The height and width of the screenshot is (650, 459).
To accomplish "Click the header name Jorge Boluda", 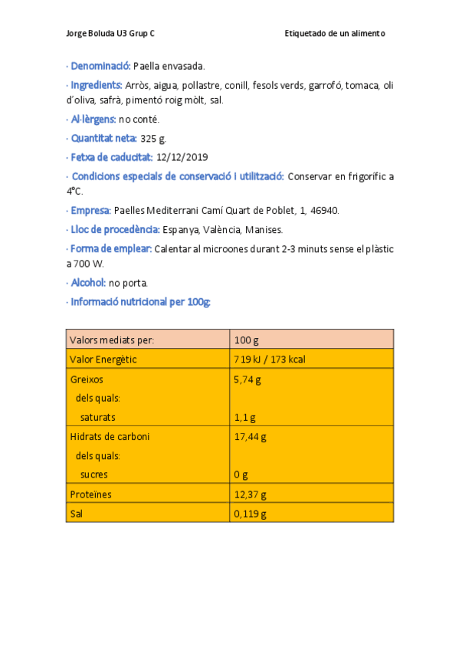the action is coord(90,34).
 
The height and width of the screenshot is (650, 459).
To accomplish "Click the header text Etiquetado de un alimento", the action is coord(334,34).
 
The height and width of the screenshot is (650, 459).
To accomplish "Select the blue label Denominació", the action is coord(100,67).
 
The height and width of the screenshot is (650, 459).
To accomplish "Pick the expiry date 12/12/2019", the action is coord(182,158).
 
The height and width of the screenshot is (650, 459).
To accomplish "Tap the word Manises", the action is coord(264,230).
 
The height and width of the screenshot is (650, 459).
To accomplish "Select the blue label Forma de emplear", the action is coord(111,249).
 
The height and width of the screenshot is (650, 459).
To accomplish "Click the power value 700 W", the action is coord(88,264).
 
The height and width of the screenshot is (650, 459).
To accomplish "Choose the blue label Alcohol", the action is coord(89,283).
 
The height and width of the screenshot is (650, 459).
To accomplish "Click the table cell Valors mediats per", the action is coord(111,340).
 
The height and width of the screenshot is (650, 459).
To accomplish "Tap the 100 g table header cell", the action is coord(246,340).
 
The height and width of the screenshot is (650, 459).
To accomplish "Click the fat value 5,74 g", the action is coord(248,379).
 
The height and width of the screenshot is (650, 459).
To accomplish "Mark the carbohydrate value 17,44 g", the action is coord(250,437).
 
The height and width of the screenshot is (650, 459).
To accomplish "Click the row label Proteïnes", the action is coord(90,494).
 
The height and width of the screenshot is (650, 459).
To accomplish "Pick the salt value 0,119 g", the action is coord(250,514).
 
